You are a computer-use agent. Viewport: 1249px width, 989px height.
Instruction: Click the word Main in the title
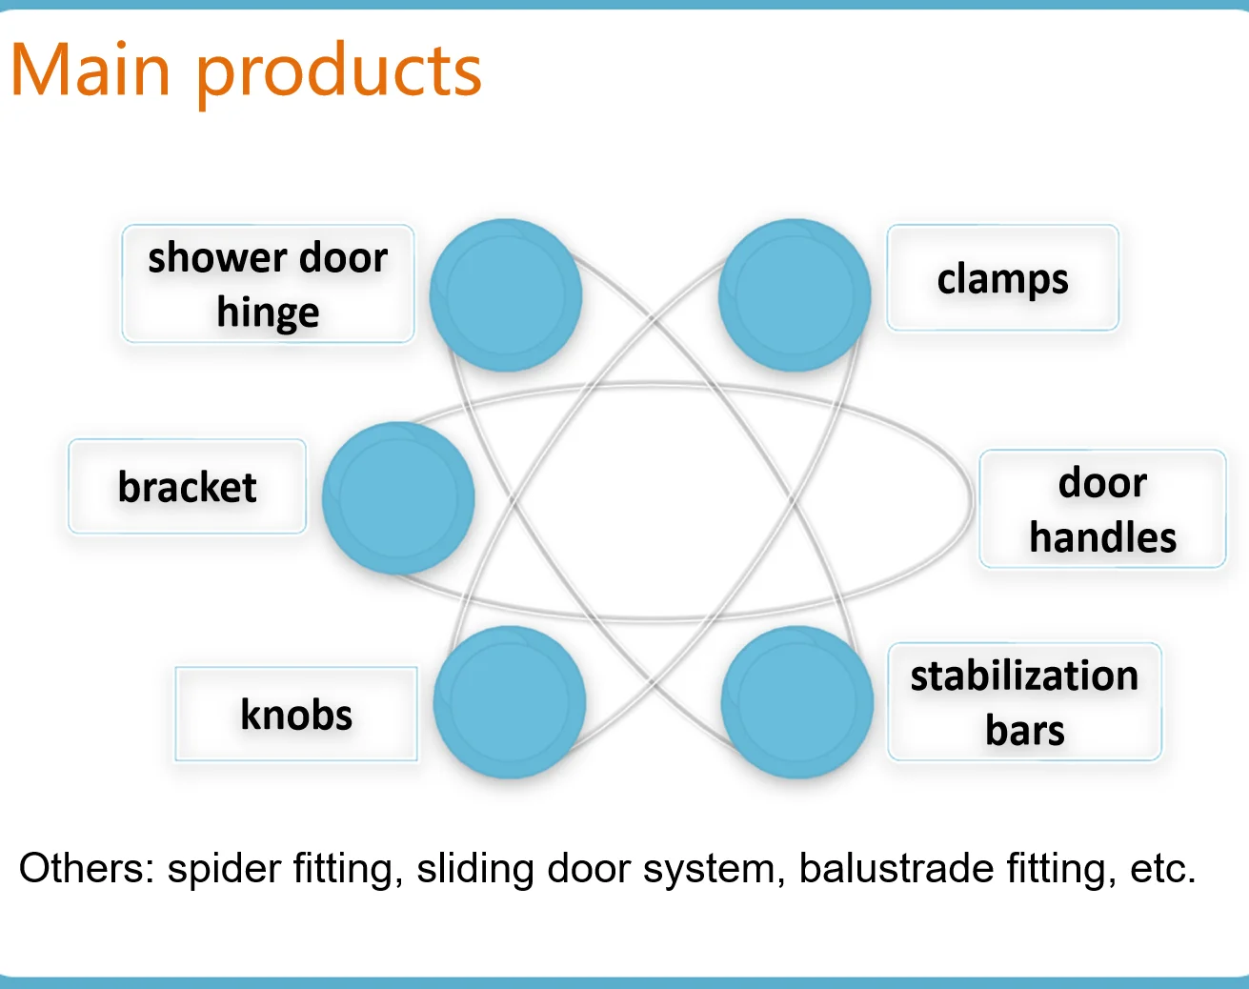pyautogui.click(x=91, y=71)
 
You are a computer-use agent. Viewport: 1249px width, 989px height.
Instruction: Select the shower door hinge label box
pyautogui.click(x=268, y=284)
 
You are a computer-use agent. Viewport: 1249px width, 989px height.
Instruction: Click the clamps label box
pyautogui.click(x=1002, y=278)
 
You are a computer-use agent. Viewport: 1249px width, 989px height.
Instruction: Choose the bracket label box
pyautogui.click(x=187, y=487)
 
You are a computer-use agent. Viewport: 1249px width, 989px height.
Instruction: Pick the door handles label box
pyautogui.click(x=1102, y=510)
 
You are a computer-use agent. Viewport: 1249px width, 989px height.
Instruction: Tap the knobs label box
pyautogui.click(x=296, y=715)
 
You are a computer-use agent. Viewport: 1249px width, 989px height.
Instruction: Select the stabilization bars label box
pyautogui.click(x=1024, y=702)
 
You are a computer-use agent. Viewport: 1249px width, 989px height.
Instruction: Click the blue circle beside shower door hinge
pyautogui.click(x=505, y=295)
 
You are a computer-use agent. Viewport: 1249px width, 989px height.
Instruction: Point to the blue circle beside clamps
pyautogui.click(x=795, y=295)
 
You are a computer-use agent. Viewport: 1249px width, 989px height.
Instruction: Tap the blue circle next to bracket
pyautogui.click(x=398, y=498)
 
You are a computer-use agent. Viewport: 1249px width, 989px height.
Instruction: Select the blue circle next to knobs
pyautogui.click(x=509, y=702)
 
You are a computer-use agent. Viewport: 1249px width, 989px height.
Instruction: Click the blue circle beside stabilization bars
pyautogui.click(x=797, y=702)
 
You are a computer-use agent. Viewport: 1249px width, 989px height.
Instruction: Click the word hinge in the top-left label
pyautogui.click(x=268, y=313)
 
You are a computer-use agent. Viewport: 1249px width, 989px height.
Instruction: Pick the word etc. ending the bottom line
pyautogui.click(x=1161, y=869)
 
